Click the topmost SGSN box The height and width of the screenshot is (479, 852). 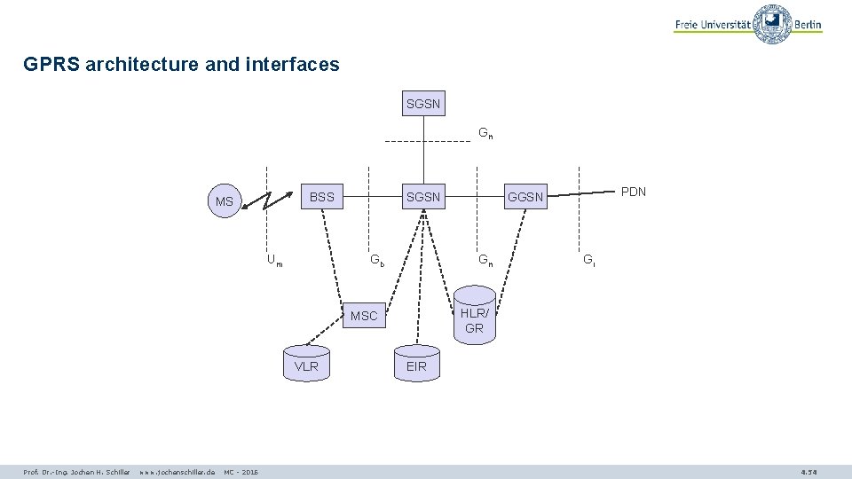423,104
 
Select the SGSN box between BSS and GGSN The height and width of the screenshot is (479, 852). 423,196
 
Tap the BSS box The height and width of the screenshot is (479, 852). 322,196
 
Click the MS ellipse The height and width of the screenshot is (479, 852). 225,201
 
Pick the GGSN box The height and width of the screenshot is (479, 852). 525,196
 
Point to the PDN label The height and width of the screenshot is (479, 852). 634,192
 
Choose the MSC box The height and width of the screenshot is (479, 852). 364,315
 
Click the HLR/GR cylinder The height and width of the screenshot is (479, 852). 474,315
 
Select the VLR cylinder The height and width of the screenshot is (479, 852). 306,364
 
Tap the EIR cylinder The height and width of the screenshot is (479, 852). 416,364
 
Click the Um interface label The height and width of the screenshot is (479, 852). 275,261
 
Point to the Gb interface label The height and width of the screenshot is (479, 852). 377,261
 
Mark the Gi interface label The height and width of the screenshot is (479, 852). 588,261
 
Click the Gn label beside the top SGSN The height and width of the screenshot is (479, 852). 485,134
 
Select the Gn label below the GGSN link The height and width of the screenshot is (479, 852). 485,261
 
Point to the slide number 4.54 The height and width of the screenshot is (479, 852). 809,472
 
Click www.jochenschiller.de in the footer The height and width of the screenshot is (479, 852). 177,472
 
